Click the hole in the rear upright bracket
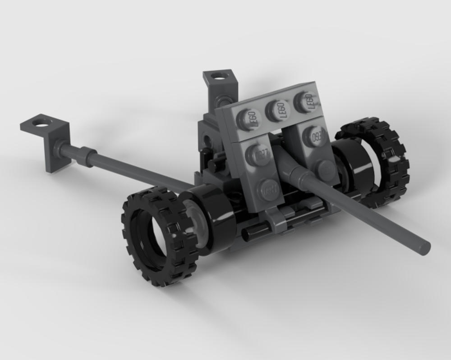[x=219, y=75]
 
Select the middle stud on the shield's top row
[x=277, y=109]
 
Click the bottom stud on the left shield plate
[x=269, y=189]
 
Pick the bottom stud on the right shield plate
[x=327, y=169]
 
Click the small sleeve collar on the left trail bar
[x=86, y=156]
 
